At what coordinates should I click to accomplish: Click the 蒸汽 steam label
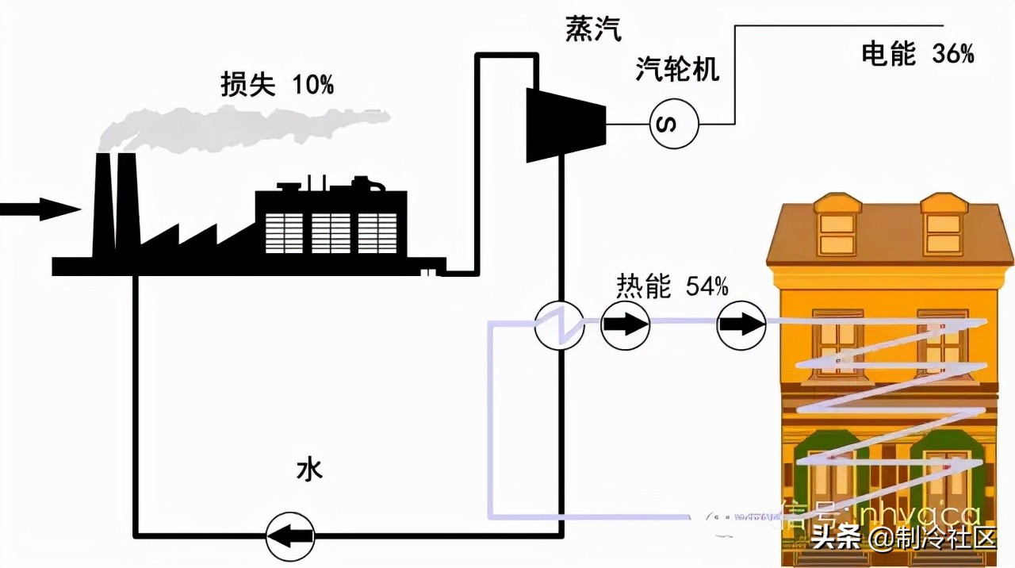tap(593, 29)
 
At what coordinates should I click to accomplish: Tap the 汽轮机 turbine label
tap(676, 70)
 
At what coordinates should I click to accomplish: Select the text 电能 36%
tap(917, 54)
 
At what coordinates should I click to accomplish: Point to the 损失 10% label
tap(277, 85)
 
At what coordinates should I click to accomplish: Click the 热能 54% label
tap(672, 286)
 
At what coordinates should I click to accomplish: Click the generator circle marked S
tap(674, 125)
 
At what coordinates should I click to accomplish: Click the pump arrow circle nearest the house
tap(741, 324)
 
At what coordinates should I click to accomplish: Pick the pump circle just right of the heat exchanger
tap(625, 324)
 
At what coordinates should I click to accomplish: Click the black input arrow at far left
tap(40, 209)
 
